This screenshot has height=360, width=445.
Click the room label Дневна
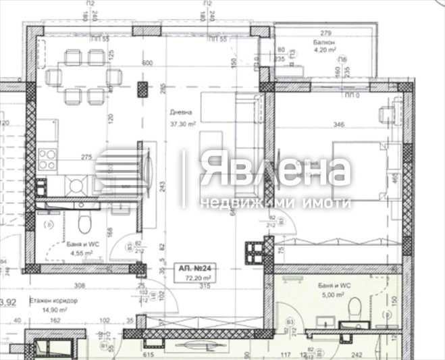coord(182,113)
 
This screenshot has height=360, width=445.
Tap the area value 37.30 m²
coord(182,124)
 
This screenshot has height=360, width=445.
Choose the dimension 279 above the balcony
coord(326,33)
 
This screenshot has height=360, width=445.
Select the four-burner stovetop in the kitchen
coord(47,159)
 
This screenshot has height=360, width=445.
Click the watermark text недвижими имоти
coord(276,203)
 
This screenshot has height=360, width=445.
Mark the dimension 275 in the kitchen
coord(86,157)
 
